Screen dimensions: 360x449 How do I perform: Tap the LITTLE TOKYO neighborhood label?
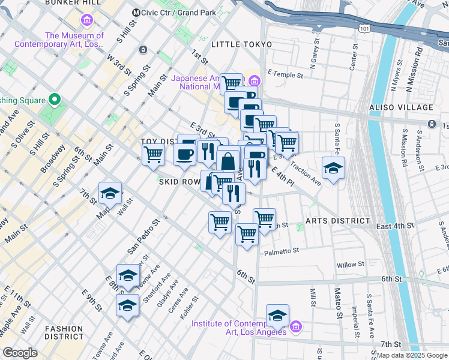[242, 45]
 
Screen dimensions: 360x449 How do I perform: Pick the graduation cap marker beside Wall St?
[110, 194]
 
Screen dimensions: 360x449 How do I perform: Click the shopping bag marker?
[228, 161]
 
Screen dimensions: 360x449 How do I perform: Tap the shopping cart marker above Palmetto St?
[247, 234]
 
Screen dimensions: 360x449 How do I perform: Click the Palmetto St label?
[281, 253]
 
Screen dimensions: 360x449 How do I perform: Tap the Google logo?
[20, 353]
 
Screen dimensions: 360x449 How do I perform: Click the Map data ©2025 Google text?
[412, 355]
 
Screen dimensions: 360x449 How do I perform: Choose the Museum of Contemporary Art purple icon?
[87, 22]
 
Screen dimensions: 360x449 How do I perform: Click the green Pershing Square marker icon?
[55, 100]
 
